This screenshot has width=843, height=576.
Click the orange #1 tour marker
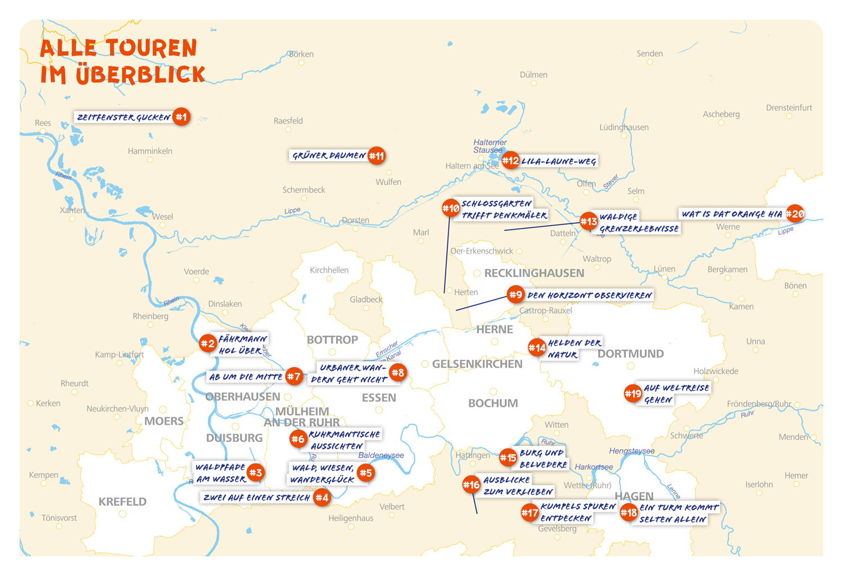(181, 117)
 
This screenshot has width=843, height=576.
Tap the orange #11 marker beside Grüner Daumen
(377, 156)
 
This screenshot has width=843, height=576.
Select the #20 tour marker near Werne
(795, 214)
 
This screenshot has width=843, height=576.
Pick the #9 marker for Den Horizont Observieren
(515, 294)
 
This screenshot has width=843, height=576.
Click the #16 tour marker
(471, 484)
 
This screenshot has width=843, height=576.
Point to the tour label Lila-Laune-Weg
(559, 161)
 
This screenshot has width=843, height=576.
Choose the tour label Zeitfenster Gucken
(124, 117)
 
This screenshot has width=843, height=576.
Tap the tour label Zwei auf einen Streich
(256, 497)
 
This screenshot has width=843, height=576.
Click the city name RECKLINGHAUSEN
(534, 273)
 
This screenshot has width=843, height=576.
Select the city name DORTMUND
(631, 353)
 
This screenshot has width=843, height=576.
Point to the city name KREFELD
(123, 501)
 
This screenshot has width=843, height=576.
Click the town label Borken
(301, 54)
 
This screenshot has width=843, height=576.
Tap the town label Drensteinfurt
(788, 107)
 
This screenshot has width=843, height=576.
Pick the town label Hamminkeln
(150, 151)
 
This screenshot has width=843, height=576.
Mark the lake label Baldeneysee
(381, 455)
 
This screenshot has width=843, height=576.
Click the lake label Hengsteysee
(632, 451)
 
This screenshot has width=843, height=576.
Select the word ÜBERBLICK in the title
(140, 74)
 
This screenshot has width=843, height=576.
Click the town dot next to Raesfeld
(288, 129)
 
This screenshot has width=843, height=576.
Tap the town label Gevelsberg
(557, 528)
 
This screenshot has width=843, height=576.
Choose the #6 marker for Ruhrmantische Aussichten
(298, 439)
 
